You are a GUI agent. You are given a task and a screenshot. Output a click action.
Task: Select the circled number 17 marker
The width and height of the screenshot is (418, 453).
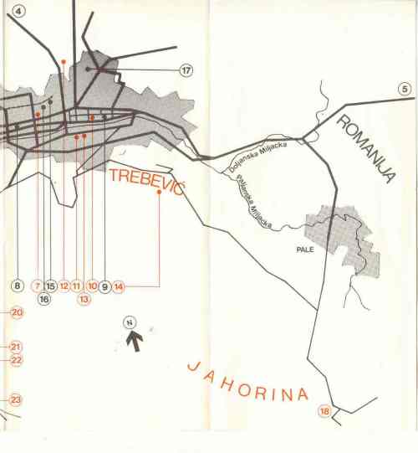pos(186,70)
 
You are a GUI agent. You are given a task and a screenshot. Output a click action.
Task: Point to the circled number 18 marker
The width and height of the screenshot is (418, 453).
pos(324,411)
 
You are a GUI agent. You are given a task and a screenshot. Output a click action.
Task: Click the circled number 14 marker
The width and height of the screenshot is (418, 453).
pos(119,286)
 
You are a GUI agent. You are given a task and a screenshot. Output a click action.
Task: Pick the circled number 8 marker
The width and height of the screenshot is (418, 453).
pos(18,286)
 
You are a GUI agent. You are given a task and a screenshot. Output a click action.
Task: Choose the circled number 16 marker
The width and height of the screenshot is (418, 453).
pos(44,299)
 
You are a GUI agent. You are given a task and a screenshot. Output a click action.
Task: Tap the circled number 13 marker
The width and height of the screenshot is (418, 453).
pos(84,299)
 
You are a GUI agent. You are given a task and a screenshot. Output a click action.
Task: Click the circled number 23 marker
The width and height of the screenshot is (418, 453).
pos(16,400)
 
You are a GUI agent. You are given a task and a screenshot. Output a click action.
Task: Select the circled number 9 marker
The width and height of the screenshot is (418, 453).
pos(104,286)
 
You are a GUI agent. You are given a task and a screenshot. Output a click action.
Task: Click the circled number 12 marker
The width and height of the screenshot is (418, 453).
pos(64,286)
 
